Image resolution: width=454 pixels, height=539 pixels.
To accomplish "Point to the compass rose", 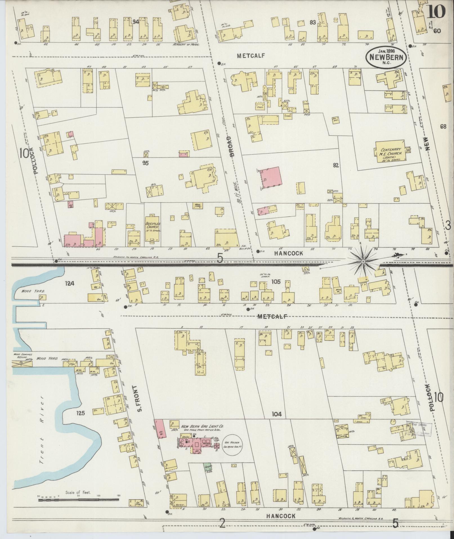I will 363,262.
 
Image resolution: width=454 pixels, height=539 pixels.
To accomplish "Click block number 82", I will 336,165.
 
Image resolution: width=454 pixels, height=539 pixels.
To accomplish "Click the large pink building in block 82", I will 270,178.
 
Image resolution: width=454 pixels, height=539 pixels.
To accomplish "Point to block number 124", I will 69,283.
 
